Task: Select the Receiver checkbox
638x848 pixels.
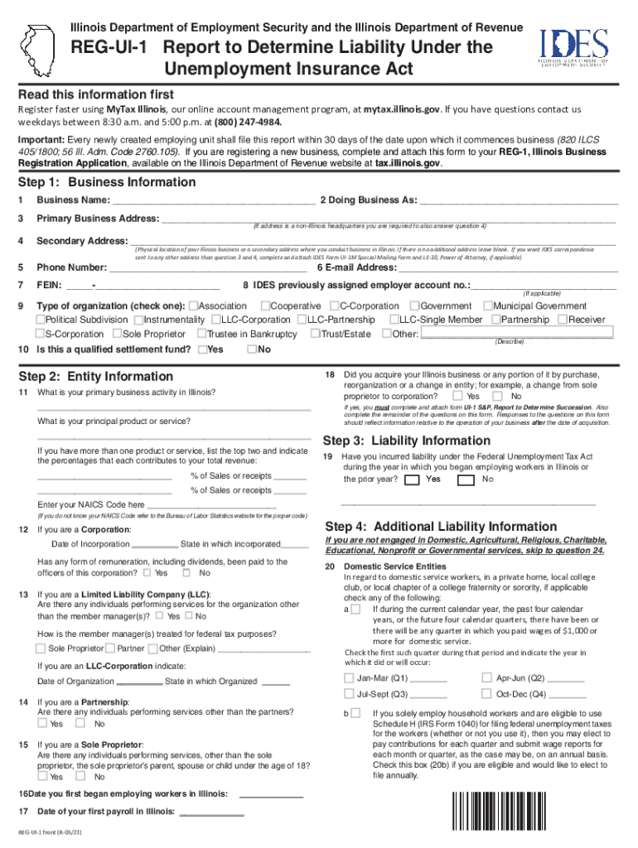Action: (x=563, y=320)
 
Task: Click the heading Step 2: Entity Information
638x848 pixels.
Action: (x=96, y=377)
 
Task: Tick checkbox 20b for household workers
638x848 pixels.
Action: (x=355, y=713)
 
